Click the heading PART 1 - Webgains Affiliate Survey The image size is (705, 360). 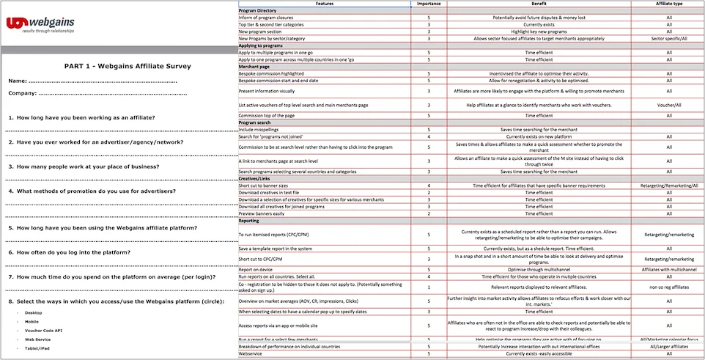pyautogui.click(x=117, y=66)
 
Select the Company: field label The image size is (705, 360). pyautogui.click(x=23, y=93)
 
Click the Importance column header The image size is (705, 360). pyautogui.click(x=428, y=4)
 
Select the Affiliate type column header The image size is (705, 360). pyautogui.click(x=668, y=4)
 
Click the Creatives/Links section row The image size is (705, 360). pyautogui.click(x=255, y=178)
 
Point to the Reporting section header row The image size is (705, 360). pyautogui.click(x=250, y=220)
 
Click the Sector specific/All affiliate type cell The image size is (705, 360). pyautogui.click(x=668, y=38)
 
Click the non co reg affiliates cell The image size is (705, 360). pyautogui.click(x=668, y=287)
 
